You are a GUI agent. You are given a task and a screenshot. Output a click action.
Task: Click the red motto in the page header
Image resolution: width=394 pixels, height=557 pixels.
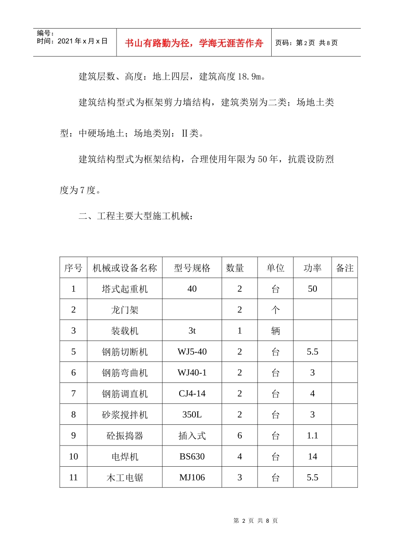click(194, 43)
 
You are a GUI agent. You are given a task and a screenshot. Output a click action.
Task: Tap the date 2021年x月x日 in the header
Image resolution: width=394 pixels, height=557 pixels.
click(82, 41)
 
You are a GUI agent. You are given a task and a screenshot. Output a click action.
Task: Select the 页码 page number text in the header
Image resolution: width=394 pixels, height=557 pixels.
click(306, 43)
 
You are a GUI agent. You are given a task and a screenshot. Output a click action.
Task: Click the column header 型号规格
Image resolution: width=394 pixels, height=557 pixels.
click(192, 268)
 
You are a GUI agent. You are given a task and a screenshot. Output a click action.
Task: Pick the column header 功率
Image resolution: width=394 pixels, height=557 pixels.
click(312, 268)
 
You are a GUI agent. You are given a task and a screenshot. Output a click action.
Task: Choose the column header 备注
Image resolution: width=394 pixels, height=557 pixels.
click(344, 268)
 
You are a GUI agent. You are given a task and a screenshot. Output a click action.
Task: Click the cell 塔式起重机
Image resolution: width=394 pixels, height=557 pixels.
click(124, 289)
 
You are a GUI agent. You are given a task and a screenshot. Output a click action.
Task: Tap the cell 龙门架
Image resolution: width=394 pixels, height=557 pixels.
click(124, 310)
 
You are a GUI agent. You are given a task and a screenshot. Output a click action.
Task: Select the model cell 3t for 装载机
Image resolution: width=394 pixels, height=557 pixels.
click(192, 331)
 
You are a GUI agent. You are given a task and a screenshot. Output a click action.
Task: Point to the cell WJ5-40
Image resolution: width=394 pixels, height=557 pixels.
click(192, 352)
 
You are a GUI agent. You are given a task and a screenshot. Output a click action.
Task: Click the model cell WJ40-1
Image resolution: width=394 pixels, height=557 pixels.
click(192, 373)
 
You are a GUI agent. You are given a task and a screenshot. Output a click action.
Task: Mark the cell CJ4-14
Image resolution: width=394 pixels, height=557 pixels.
click(192, 394)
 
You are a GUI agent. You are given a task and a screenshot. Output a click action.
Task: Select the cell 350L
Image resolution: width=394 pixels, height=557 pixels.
click(192, 414)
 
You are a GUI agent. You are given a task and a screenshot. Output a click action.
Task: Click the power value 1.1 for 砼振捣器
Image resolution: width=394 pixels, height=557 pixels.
click(312, 436)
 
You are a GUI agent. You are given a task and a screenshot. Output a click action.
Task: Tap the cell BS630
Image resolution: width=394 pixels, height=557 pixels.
click(192, 457)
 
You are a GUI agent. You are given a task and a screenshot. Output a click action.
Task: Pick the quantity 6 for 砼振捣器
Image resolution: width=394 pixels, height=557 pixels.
click(239, 436)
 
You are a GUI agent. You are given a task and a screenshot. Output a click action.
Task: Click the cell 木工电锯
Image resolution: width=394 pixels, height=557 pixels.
click(124, 477)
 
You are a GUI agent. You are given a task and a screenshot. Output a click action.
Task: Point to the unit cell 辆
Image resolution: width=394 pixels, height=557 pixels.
click(275, 331)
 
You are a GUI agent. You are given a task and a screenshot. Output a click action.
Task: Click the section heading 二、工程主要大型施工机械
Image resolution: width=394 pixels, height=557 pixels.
click(136, 216)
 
